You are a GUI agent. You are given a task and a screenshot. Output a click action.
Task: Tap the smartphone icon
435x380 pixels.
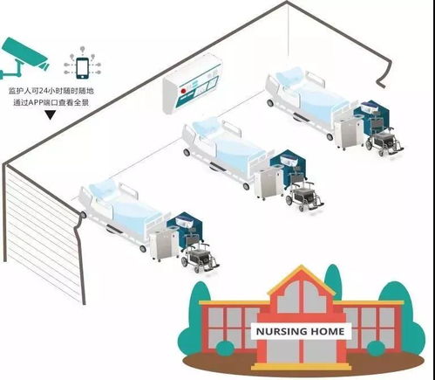[x=83, y=68]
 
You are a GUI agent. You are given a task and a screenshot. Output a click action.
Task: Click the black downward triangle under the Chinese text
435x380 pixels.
[x=51, y=115]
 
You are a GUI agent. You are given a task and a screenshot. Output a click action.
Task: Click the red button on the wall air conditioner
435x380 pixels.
[x=183, y=90]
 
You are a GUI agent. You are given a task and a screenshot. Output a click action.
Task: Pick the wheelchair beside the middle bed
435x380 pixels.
[x=303, y=193]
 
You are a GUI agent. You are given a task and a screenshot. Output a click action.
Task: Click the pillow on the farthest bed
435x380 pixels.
[x=289, y=75]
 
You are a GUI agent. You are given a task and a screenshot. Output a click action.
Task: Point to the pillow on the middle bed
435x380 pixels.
[x=206, y=125]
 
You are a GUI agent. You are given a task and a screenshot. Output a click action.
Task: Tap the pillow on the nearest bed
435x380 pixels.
[x=102, y=187]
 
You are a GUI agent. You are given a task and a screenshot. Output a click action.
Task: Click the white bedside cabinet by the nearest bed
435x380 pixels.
[x=164, y=245]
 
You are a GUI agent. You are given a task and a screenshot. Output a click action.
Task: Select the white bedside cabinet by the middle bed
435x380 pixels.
[x=268, y=184]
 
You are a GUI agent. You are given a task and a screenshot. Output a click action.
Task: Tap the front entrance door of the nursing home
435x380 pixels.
[x=301, y=351]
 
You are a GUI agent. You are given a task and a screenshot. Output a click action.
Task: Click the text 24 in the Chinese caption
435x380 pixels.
[x=43, y=91]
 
